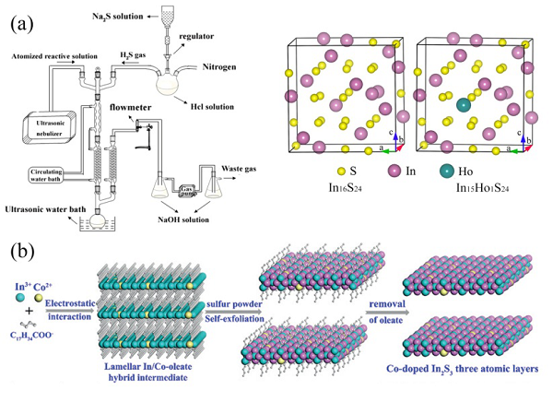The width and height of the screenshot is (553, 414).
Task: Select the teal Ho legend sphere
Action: pos(447,171)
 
